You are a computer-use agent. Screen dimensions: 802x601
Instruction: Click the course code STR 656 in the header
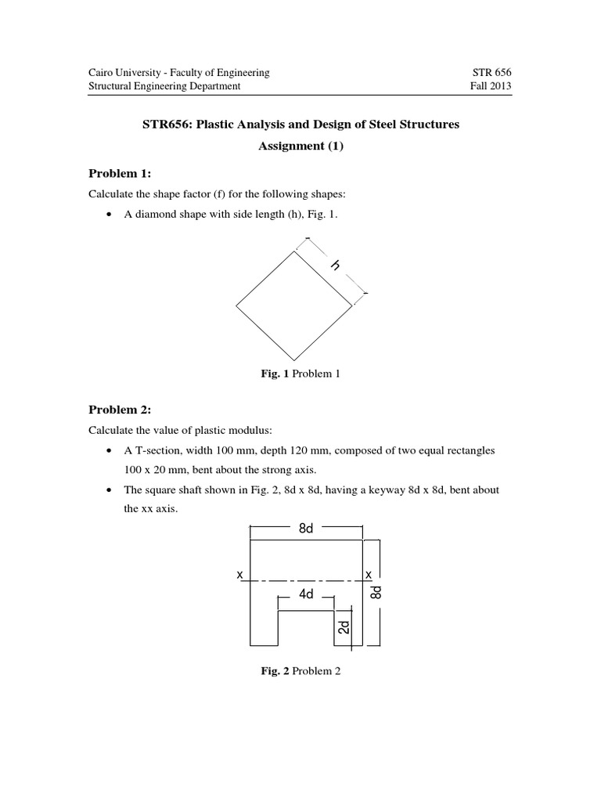[x=491, y=72]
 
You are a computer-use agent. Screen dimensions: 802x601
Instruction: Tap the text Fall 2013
[x=491, y=86]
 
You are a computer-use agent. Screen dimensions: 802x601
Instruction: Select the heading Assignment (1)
[x=300, y=146]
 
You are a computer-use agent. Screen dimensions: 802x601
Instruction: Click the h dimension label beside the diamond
[x=336, y=266]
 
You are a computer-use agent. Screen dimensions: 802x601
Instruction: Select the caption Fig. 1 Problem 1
[x=300, y=374]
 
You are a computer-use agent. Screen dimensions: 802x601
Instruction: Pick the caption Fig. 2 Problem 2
[x=301, y=671]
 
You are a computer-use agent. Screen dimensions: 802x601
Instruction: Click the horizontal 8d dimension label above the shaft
[x=306, y=529]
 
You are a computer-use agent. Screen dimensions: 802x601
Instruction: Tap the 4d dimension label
[x=306, y=595]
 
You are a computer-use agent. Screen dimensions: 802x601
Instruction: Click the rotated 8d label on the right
[x=376, y=593]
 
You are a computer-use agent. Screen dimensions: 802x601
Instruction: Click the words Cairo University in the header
[x=124, y=72]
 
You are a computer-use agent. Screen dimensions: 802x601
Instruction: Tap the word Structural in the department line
[x=110, y=86]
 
